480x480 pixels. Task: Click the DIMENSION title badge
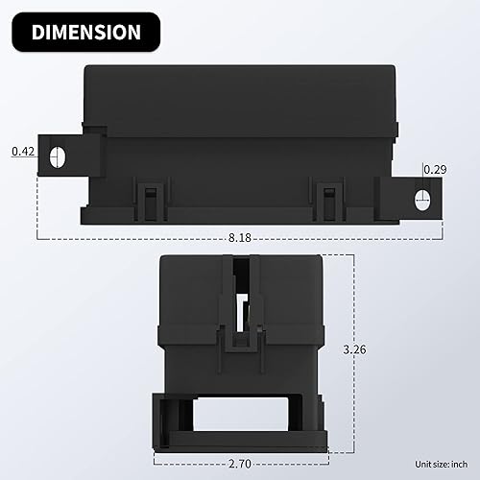(84, 32)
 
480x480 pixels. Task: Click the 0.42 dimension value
(23, 151)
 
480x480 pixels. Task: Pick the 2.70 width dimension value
(240, 464)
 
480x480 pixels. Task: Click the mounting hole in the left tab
(59, 156)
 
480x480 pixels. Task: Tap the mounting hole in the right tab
(420, 199)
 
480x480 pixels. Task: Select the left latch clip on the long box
(148, 197)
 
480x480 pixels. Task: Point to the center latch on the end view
(240, 317)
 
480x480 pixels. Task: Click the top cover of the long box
(240, 96)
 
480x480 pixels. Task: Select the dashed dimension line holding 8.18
(144, 236)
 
